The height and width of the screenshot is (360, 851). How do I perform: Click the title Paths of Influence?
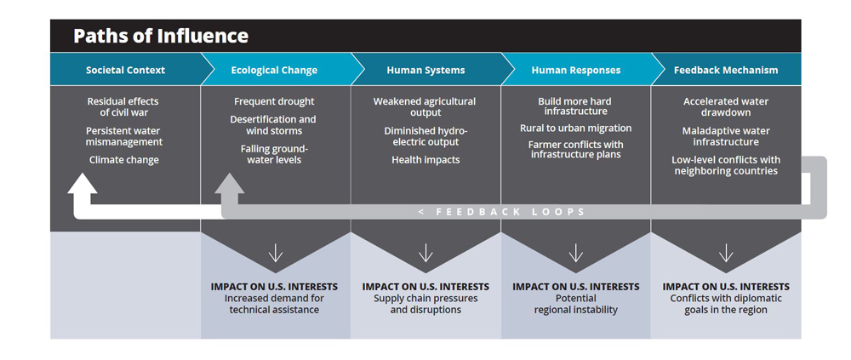tap(161, 36)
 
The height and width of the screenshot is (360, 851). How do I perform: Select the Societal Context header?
tap(125, 70)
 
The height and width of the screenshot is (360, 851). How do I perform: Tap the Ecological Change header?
tap(274, 70)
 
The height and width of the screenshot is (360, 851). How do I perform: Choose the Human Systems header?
tap(425, 70)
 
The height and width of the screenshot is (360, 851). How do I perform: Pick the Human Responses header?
tap(576, 70)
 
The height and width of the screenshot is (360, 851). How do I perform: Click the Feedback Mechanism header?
tap(726, 70)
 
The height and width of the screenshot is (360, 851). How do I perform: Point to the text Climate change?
tap(124, 160)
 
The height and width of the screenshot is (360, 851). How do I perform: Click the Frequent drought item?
tap(274, 101)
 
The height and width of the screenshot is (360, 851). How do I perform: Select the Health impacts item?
tap(425, 160)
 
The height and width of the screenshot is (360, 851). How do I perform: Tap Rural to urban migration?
tap(576, 129)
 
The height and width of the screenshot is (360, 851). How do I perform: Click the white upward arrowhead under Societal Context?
tap(83, 184)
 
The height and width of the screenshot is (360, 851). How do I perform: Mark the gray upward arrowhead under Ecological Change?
tap(230, 184)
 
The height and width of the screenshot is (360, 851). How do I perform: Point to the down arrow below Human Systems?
tap(425, 253)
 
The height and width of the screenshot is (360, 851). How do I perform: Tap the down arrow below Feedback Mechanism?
tap(726, 253)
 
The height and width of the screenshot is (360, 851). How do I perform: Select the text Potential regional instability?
tap(576, 304)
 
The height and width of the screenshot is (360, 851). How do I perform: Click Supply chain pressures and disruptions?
tap(425, 304)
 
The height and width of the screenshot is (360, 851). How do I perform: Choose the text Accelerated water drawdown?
tap(726, 107)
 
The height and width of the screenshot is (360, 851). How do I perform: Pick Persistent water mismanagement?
tap(124, 136)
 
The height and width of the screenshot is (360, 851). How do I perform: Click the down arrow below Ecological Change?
tap(275, 253)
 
